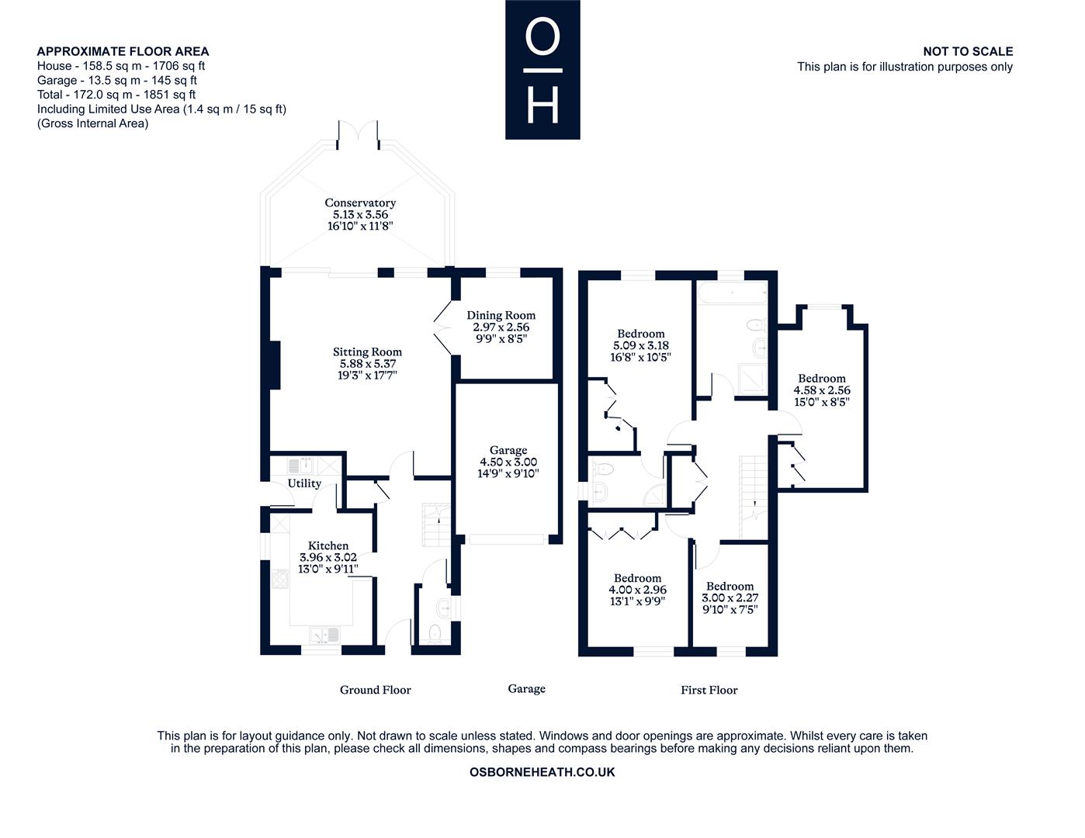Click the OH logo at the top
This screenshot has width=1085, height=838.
click(542, 70)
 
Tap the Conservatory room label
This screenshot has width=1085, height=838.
click(360, 203)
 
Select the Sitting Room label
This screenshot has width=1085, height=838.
click(367, 351)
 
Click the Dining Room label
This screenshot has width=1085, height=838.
click(501, 315)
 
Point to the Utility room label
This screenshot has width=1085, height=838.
click(304, 483)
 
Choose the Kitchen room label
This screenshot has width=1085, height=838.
click(328, 545)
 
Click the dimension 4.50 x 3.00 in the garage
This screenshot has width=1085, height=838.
click(508, 462)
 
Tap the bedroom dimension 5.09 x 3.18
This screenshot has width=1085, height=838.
click(641, 345)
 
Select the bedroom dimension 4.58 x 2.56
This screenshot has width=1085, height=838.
click(822, 390)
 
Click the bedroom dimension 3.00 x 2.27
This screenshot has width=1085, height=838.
click(730, 598)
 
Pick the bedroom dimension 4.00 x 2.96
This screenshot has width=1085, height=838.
click(637, 590)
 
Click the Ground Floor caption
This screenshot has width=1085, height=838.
click(375, 690)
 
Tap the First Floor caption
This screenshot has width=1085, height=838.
click(709, 690)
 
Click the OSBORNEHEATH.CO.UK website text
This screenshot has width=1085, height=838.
click(542, 772)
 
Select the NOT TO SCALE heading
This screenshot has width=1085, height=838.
click(967, 51)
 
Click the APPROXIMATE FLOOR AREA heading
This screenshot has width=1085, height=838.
click(123, 51)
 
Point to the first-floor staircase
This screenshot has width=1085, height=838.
click(753, 497)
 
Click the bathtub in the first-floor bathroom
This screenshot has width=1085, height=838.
click(732, 293)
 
